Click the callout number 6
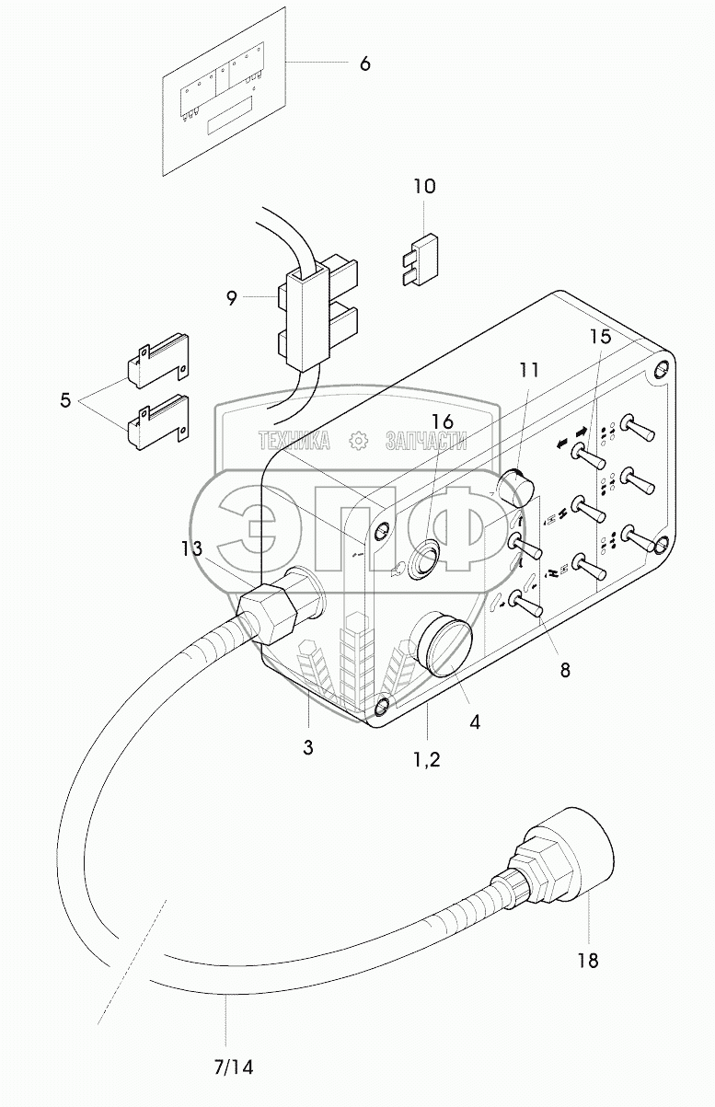tap(364, 63)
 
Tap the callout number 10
tap(425, 186)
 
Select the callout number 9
tap(232, 298)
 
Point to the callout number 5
tap(65, 399)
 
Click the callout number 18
tap(588, 961)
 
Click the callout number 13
tap(191, 548)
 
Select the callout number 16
tap(443, 421)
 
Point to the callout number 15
tap(600, 337)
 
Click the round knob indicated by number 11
tap(513, 490)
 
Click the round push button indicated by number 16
tap(427, 560)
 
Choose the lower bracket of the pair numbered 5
tap(157, 421)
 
